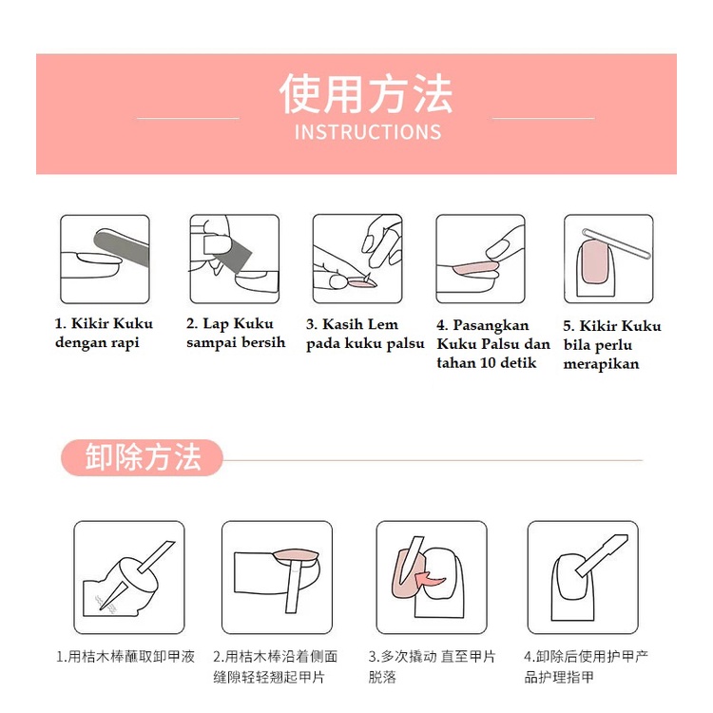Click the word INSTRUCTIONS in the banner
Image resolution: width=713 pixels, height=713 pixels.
coord(367,132)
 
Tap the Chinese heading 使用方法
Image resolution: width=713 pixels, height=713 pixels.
coord(366,94)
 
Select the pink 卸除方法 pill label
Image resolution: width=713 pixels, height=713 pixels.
coord(142,457)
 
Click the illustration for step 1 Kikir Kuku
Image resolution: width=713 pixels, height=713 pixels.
coord(105,260)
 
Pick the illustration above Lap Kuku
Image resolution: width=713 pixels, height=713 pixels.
coord(235,260)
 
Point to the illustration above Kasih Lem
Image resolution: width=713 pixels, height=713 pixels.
coord(357,260)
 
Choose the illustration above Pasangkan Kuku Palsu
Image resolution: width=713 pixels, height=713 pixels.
coord(481,260)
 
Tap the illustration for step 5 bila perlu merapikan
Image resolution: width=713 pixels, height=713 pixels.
coord(608,260)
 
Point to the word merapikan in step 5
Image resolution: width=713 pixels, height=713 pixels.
coord(601,364)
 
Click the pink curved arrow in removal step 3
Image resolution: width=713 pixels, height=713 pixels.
coord(430,581)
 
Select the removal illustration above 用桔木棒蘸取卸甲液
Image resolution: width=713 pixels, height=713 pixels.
coord(129,577)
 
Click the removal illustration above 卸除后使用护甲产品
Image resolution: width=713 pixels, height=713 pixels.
coord(583,577)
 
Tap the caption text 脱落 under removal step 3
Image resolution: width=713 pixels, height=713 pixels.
coord(382,677)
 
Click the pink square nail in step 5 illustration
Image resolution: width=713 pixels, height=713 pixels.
coord(594,261)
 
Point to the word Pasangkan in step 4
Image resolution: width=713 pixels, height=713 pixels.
coord(491,325)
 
